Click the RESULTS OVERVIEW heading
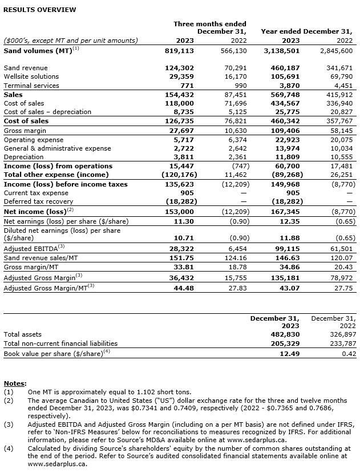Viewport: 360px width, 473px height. pos(40,10)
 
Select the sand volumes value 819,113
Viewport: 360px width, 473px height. pos(179,50)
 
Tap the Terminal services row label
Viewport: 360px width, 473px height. pos(31,86)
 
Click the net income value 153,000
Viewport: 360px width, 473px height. pos(179,211)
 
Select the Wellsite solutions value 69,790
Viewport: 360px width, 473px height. pos(341,76)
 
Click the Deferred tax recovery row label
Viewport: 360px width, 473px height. pos(38,201)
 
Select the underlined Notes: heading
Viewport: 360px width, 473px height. pos(15,383)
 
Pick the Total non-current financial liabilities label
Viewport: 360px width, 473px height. pos(60,343)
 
